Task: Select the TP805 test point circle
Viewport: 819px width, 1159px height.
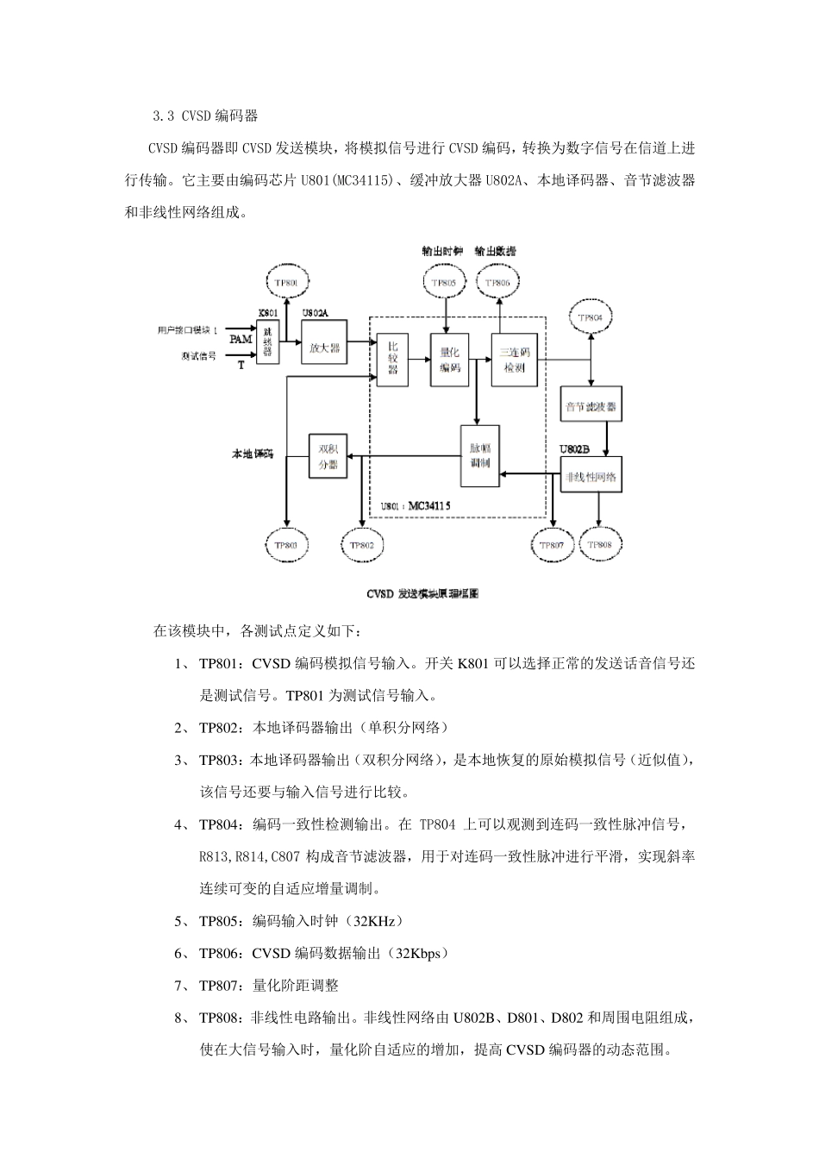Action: [445, 282]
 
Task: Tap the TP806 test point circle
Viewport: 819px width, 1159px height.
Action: [497, 282]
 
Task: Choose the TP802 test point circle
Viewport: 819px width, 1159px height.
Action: [361, 546]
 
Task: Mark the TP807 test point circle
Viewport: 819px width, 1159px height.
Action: [552, 545]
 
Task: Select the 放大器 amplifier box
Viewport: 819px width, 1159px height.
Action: [323, 348]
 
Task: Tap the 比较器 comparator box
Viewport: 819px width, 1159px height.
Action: [392, 357]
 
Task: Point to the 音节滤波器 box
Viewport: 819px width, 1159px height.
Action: [591, 405]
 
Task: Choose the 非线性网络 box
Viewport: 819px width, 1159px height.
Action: [591, 477]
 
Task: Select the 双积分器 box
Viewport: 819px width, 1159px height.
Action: [327, 455]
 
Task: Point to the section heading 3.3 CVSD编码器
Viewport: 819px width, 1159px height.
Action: [204, 115]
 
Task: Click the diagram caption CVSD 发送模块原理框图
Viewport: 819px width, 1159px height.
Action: [422, 594]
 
